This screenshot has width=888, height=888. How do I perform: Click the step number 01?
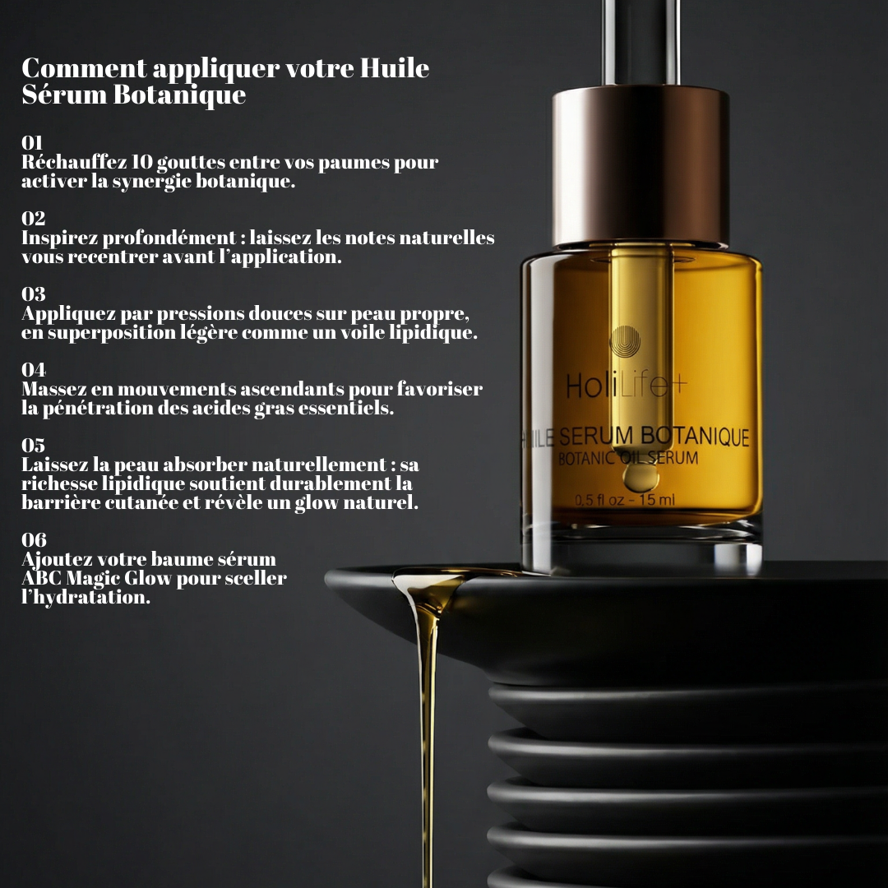tap(32, 142)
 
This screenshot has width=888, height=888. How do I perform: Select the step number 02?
tap(33, 218)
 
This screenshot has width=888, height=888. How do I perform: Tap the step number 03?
tap(33, 294)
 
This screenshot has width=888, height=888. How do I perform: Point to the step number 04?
tap(34, 369)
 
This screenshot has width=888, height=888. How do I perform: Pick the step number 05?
tap(33, 445)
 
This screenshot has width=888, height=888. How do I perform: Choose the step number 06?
tap(34, 539)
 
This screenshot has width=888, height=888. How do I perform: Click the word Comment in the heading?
tap(84, 68)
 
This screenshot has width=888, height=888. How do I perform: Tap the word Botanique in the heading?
tap(179, 95)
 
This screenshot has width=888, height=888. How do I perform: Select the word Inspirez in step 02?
tap(59, 238)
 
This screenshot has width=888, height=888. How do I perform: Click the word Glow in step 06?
tap(147, 578)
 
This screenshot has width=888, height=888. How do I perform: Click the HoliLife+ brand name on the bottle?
tap(626, 386)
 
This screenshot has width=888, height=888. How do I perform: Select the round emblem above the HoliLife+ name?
tap(625, 341)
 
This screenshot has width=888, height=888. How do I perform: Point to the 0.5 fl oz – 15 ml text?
tap(625, 500)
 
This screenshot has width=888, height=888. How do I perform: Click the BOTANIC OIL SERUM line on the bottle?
tap(628, 458)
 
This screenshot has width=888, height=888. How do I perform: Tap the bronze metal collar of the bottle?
tap(641, 165)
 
